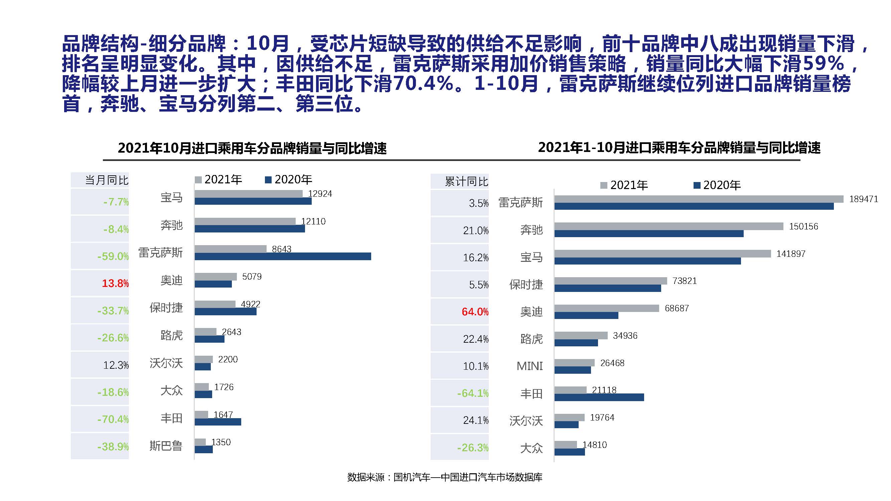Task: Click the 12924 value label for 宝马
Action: pos(320,194)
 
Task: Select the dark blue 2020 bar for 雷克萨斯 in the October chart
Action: pos(283,256)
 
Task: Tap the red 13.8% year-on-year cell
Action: pos(115,284)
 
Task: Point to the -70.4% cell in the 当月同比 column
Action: pos(113,420)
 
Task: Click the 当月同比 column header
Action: pos(107,180)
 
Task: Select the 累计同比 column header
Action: pos(466,181)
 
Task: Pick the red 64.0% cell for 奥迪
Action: pos(475,312)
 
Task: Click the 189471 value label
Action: pos(863,199)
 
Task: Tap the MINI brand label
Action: pos(529,366)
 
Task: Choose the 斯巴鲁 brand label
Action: pos(166,446)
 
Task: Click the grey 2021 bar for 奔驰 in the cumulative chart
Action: pos(669,226)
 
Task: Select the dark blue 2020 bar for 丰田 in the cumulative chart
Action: pos(599,397)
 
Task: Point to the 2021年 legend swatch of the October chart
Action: pos(198,180)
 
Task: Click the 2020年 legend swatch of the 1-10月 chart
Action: pos(697,186)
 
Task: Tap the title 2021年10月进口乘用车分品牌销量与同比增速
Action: pos(252,148)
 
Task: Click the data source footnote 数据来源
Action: pos(445,478)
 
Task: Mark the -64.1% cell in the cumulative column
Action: pos(472,393)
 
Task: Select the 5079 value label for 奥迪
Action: pos(252,277)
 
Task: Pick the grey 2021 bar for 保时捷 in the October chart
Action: pos(215,304)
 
